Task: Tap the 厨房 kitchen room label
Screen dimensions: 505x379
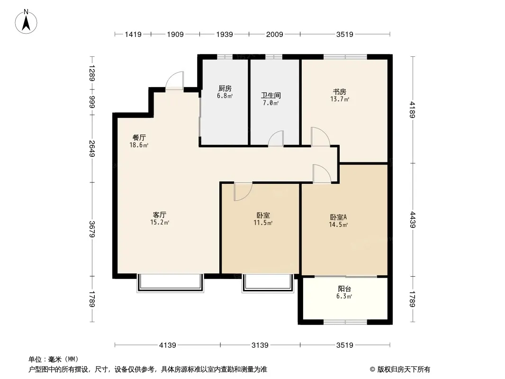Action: tap(225, 89)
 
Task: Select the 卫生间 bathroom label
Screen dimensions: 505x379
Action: tap(271, 96)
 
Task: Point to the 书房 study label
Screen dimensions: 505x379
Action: tap(340, 92)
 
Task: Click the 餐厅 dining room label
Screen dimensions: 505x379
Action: tap(139, 138)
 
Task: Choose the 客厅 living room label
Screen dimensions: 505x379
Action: tap(160, 215)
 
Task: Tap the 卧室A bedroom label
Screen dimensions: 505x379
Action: tap(338, 217)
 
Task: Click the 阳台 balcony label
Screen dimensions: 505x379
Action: tap(344, 289)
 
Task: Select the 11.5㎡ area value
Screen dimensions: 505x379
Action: tap(263, 223)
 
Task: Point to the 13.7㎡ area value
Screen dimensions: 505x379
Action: tap(340, 99)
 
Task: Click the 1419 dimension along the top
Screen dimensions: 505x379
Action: tap(133, 34)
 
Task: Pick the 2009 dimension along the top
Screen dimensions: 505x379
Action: tap(274, 34)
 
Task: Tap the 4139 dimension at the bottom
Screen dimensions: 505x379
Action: tap(168, 345)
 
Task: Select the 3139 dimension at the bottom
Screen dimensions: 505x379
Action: tap(260, 345)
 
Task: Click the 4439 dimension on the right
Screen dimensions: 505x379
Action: tap(413, 220)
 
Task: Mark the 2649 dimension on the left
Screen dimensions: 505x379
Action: tap(92, 148)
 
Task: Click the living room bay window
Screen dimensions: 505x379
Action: tap(171, 283)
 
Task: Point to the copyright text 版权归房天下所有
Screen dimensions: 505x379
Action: tap(404, 370)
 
